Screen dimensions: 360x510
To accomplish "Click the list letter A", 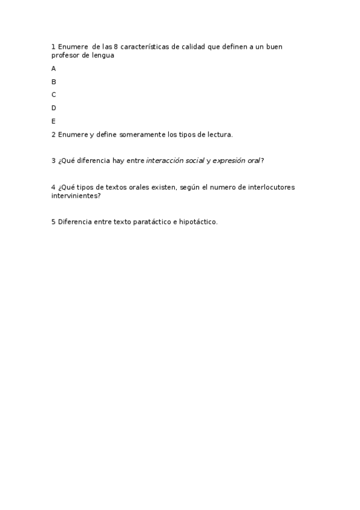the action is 53,69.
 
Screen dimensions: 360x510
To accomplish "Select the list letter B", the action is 53,82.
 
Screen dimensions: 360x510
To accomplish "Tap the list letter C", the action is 53,95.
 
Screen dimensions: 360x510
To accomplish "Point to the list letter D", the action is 53,108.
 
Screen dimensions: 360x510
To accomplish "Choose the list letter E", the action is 53,121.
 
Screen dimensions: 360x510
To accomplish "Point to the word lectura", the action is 218,135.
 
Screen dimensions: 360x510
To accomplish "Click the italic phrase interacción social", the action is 175,161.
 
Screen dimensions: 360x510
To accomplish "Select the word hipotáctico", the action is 197,222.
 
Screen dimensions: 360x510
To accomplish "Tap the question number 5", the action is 53,222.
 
